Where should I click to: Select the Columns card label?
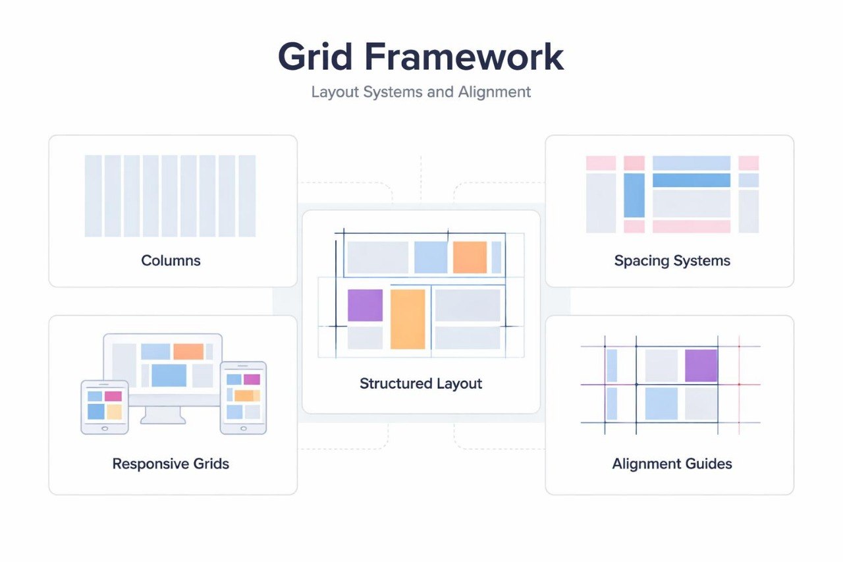pos(171,260)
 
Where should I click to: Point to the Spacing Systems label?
pos(672,261)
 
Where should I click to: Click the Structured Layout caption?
pos(421,383)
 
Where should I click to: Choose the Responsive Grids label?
pos(171,464)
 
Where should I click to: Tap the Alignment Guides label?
pos(672,464)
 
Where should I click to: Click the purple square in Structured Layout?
pos(365,305)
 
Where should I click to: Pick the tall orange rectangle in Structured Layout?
pos(408,319)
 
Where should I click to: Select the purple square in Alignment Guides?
pos(701,366)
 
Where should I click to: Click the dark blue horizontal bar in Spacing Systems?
pos(691,180)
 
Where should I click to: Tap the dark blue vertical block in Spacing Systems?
pos(634,195)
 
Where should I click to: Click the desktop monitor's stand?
pos(163,414)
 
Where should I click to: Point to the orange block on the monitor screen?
pos(188,352)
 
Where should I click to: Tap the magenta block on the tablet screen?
pos(113,396)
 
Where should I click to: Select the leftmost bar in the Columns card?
pos(94,196)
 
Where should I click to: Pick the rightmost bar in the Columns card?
pos(247,196)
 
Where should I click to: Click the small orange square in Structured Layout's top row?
pos(470,258)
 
